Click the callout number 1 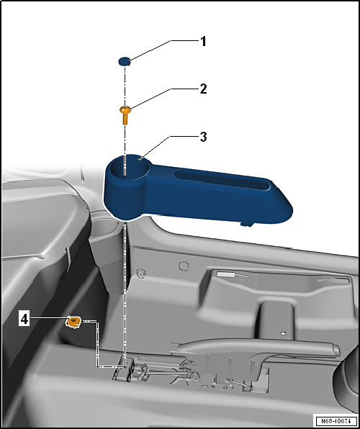[x=203, y=42]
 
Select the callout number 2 [x=203, y=89]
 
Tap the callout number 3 [x=203, y=137]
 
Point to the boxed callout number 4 [x=24, y=319]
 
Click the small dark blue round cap [x=125, y=61]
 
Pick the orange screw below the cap [x=125, y=115]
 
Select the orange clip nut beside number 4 [x=73, y=322]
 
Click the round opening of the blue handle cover [x=130, y=168]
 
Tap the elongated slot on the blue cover [x=222, y=179]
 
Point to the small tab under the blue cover [x=246, y=225]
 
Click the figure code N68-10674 [x=336, y=420]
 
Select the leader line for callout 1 [x=150, y=50]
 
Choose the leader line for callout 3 [x=155, y=148]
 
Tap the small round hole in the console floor [x=283, y=333]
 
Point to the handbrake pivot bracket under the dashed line [x=125, y=368]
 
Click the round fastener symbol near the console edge [x=140, y=273]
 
